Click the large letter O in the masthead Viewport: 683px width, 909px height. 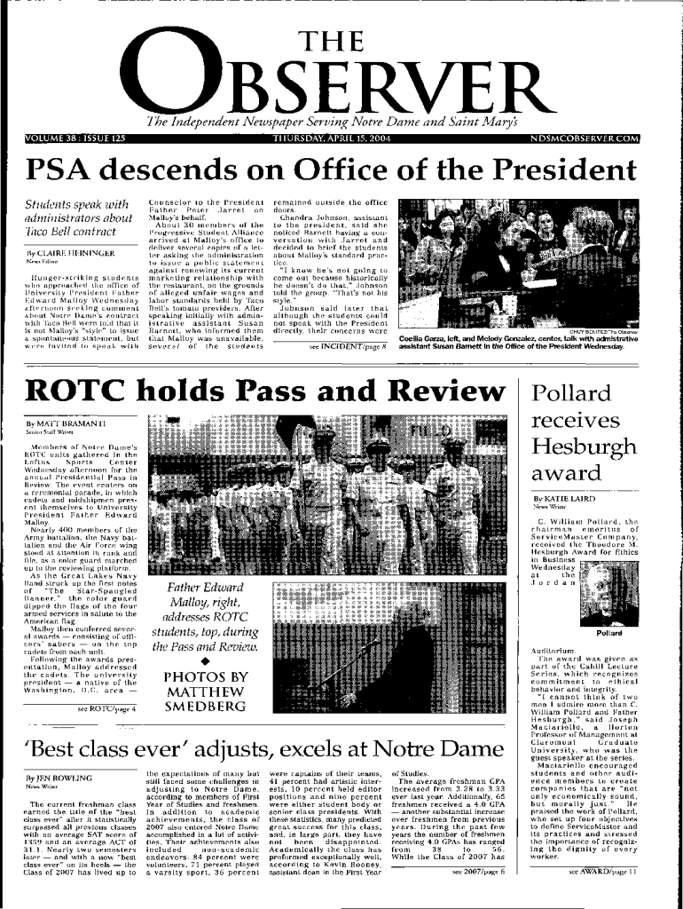(x=175, y=75)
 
